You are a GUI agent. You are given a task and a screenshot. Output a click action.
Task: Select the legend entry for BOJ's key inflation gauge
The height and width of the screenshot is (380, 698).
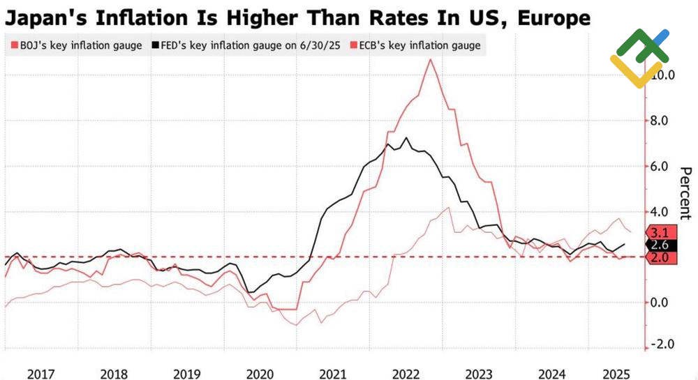point(77,46)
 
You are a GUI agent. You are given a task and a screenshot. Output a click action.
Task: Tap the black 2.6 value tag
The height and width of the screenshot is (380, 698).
point(660,245)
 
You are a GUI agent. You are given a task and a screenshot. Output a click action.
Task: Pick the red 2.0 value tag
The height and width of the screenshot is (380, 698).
point(660,258)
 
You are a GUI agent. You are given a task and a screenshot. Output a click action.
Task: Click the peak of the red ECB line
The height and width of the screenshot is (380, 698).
point(430,59)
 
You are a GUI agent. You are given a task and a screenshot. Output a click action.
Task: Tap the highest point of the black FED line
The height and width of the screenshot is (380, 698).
point(407,137)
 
